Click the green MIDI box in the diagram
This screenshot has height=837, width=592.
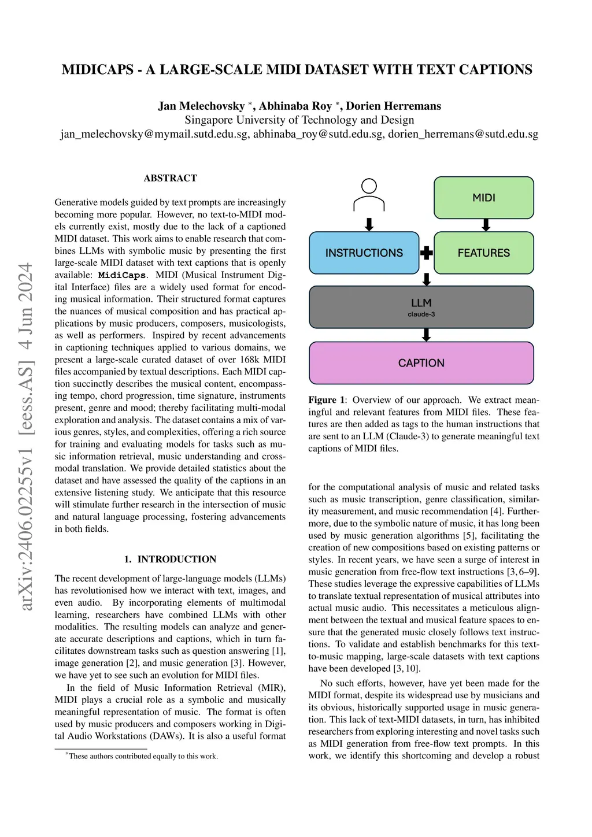click(x=483, y=198)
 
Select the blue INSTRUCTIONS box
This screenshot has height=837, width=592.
click(x=364, y=253)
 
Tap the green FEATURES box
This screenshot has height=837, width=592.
click(x=483, y=253)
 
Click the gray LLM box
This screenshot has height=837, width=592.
click(x=421, y=306)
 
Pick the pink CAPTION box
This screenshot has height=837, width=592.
click(x=421, y=363)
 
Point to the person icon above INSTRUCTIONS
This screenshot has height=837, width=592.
click(x=369, y=195)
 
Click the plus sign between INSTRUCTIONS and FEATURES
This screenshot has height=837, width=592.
click(x=427, y=253)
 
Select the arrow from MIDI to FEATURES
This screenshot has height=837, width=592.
click(x=486, y=225)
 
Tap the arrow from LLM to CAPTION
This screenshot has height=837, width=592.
click(x=427, y=335)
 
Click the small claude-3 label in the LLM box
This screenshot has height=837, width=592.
click(x=421, y=314)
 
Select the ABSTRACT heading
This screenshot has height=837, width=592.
click(x=170, y=178)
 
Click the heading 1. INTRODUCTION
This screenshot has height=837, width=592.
click(x=170, y=559)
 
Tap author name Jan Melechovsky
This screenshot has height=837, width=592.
click(x=201, y=106)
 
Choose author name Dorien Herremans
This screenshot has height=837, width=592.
click(x=393, y=106)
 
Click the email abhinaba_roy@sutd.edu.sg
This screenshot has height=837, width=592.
click(x=318, y=134)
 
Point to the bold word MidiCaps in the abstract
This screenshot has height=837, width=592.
click(x=122, y=275)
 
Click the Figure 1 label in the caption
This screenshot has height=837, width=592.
click(x=327, y=400)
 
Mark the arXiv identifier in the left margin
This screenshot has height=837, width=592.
click(x=26, y=436)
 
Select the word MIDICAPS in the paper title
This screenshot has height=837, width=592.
click(x=98, y=70)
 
